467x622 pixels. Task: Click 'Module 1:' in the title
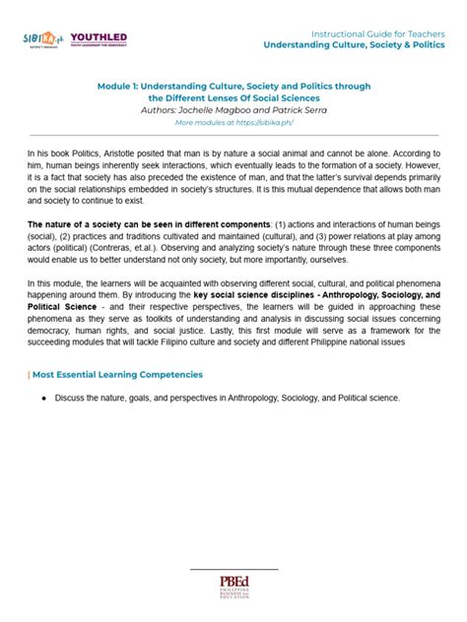pyautogui.click(x=120, y=87)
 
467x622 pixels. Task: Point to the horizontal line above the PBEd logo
pyautogui.click(x=233, y=569)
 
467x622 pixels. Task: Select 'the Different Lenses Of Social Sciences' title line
pyautogui.click(x=233, y=98)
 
